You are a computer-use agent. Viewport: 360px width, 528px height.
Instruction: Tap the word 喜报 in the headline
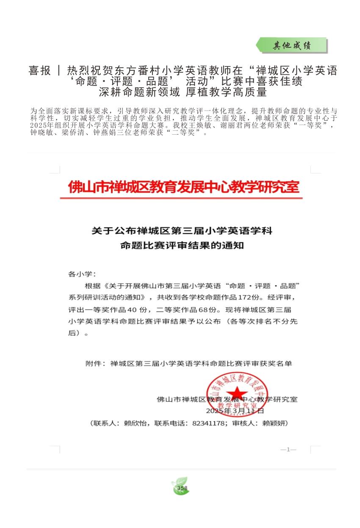40,71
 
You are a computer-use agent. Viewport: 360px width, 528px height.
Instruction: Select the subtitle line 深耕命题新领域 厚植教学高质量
183,92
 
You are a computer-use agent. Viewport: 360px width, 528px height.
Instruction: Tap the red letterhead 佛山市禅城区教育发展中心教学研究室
184,187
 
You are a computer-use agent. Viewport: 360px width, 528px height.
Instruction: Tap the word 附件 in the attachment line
93,363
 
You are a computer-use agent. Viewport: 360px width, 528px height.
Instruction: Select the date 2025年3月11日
235,411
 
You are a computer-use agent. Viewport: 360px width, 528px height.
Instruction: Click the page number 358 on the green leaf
182,488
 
